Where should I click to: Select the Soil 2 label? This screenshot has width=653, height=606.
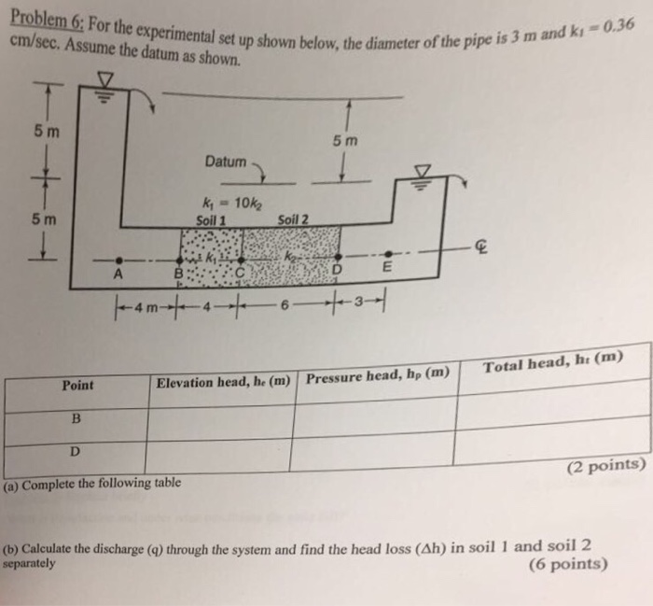pos(292,220)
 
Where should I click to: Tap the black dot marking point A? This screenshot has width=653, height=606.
pos(117,259)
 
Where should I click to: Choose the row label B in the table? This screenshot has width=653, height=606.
pos(76,419)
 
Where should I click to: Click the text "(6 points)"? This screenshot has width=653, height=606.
pos(567,564)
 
